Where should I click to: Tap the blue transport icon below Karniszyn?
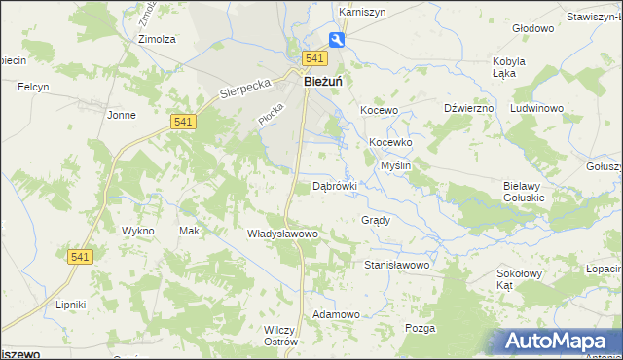(x=336, y=40)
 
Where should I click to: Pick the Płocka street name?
(x=270, y=113)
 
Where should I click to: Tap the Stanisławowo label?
(x=396, y=264)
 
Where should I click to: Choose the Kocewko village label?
(x=390, y=142)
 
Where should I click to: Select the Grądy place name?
(x=376, y=220)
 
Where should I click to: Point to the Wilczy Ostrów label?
(x=279, y=336)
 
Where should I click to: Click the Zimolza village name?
(x=157, y=40)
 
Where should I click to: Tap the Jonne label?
(x=122, y=115)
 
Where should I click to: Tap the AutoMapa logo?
(x=560, y=342)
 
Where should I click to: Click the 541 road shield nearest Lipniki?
(x=80, y=256)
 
